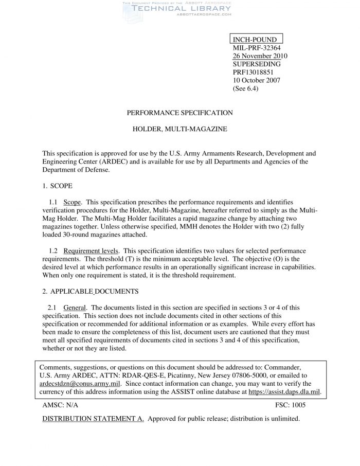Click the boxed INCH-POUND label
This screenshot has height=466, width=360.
point(256,40)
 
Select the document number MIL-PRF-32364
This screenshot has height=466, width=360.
point(256,48)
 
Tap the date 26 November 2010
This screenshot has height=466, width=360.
point(260,56)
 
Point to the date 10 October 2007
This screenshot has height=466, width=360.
point(257,80)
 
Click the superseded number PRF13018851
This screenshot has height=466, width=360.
point(256,72)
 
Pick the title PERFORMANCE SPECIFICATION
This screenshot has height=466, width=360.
point(180,112)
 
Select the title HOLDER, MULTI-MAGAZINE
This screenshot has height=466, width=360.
point(180,129)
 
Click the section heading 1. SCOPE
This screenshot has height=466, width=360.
point(57,185)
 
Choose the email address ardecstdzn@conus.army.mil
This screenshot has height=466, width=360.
point(80,384)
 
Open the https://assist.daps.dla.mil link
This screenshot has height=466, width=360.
point(284,391)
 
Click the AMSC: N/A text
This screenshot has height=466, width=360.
point(60,405)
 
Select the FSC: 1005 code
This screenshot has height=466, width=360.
point(291,405)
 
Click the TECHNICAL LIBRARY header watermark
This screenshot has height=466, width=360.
point(176,8)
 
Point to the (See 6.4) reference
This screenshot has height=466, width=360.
point(246,88)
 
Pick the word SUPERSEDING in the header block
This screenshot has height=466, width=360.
point(257,64)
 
